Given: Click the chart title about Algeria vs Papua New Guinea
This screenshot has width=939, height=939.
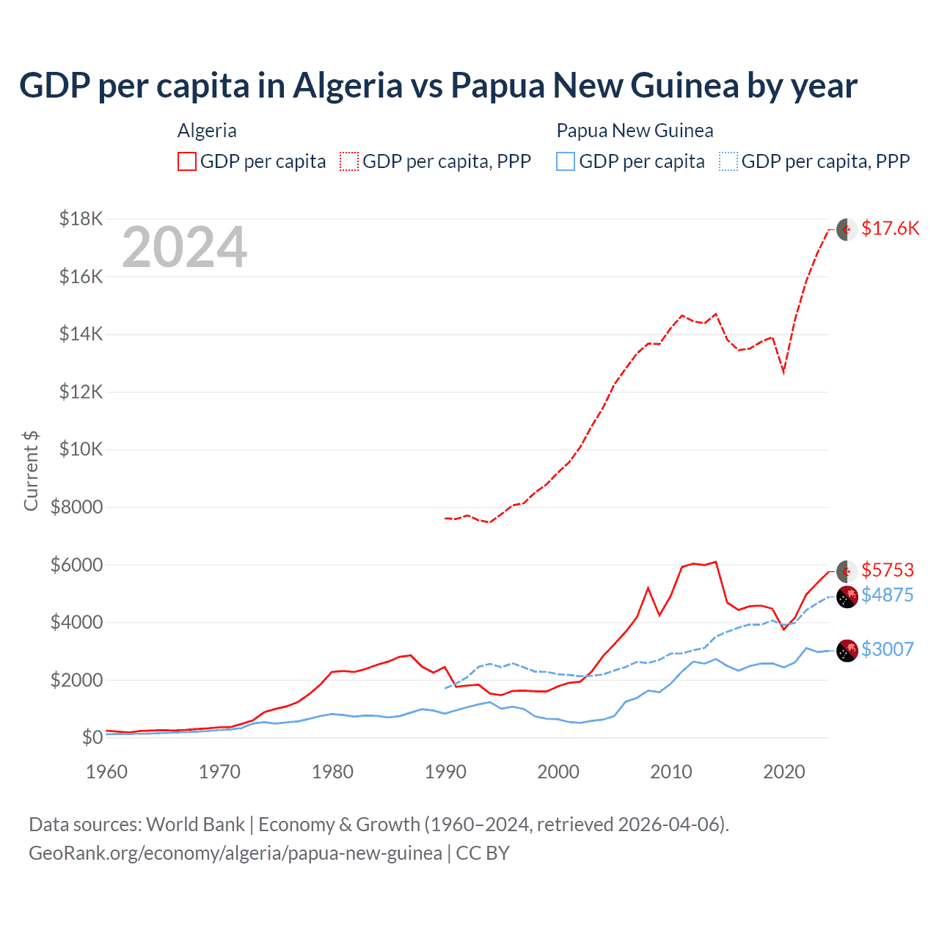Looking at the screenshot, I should [x=438, y=85].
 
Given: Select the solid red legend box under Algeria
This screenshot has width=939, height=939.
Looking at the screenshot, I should [x=187, y=161].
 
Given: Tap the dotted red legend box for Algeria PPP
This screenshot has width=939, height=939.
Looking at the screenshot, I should [x=349, y=161].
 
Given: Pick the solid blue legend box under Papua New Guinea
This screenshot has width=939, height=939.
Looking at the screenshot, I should [x=566, y=161].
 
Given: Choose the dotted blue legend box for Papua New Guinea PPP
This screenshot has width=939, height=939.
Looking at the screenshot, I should [x=728, y=161].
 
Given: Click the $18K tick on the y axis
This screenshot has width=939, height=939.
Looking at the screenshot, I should [x=81, y=219].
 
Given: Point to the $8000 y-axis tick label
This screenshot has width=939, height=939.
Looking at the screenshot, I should [x=76, y=507].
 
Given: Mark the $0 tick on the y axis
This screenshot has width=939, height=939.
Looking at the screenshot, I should [x=92, y=737].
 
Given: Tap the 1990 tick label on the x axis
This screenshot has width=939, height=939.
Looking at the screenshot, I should [x=445, y=772].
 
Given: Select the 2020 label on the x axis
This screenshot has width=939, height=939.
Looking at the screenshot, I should [x=784, y=772].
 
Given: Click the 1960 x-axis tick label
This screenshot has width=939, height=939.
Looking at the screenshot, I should [x=107, y=772].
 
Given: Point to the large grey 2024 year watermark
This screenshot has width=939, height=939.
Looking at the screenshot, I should [x=184, y=248].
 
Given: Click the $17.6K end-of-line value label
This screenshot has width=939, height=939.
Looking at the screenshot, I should [x=890, y=228].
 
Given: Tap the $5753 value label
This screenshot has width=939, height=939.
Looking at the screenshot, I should [x=888, y=570].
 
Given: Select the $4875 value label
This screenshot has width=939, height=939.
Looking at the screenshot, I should [x=888, y=595].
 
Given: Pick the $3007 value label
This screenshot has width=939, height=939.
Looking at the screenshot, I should [x=888, y=649].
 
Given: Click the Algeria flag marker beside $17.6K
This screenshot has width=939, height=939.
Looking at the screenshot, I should [x=847, y=230].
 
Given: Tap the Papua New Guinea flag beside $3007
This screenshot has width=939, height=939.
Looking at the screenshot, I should [x=847, y=651].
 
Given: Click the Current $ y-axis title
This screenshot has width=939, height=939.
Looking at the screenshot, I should [x=31, y=471].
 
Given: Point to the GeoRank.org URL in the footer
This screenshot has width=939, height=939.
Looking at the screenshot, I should [x=235, y=853].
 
